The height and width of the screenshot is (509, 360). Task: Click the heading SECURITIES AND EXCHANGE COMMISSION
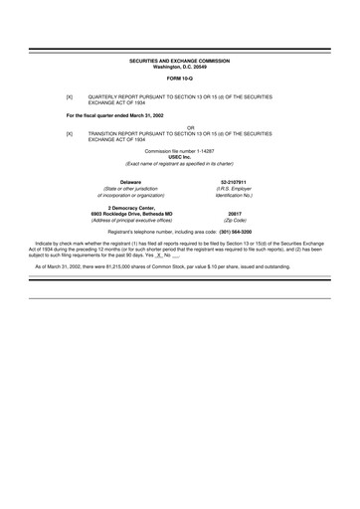coord(179,61)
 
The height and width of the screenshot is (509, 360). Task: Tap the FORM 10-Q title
coord(179,78)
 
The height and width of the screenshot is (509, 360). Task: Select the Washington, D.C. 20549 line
coord(179,67)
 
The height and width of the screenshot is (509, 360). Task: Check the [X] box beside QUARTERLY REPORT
coord(70,96)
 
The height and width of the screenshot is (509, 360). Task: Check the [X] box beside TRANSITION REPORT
coord(70,132)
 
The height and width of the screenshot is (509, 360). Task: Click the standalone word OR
coord(179,126)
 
